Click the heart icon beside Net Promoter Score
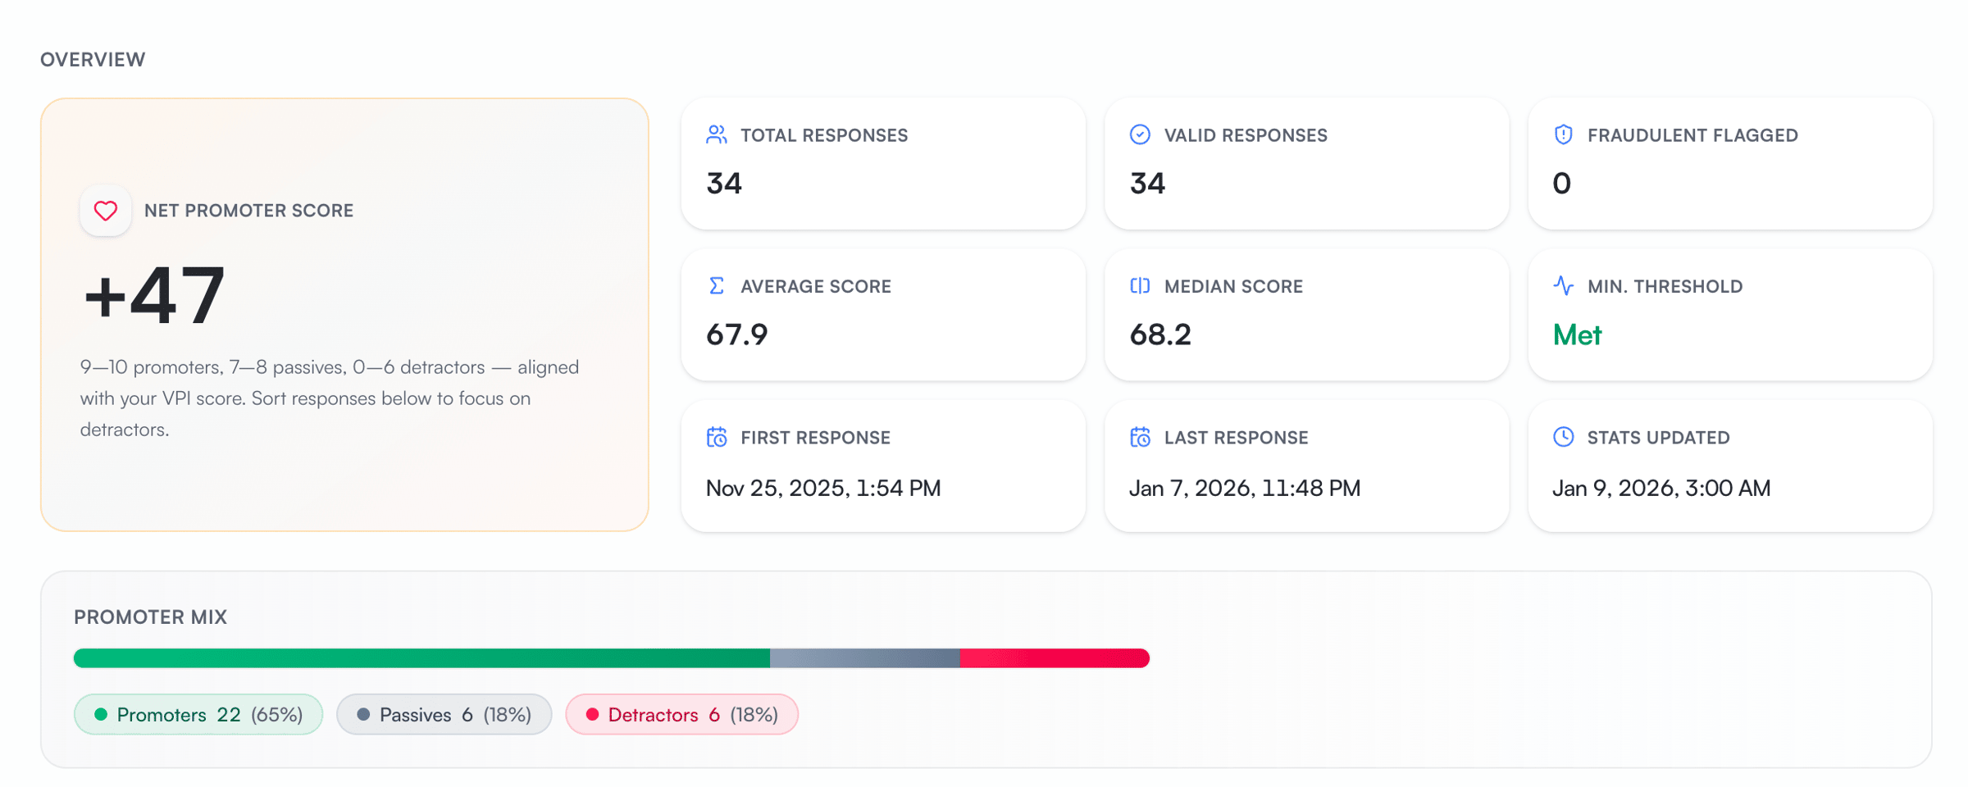click(x=105, y=211)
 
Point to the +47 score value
click(x=154, y=295)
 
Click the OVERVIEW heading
click(x=93, y=60)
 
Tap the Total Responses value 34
click(x=724, y=183)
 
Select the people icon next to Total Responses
click(x=717, y=134)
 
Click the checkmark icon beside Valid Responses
click(x=1140, y=134)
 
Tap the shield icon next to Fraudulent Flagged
click(x=1563, y=134)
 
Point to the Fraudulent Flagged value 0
click(x=1561, y=183)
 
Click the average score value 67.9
click(x=736, y=334)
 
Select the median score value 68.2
click(x=1159, y=334)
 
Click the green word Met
click(x=1577, y=334)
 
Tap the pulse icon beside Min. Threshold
click(x=1563, y=285)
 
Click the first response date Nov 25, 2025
click(x=822, y=488)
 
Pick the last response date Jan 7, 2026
click(x=1244, y=488)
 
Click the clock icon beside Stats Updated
click(x=1563, y=437)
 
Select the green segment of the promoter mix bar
click(x=421, y=658)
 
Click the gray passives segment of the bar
click(x=864, y=658)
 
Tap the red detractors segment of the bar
click(x=1055, y=658)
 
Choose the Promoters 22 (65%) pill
click(x=198, y=715)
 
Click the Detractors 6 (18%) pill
click(x=681, y=715)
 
